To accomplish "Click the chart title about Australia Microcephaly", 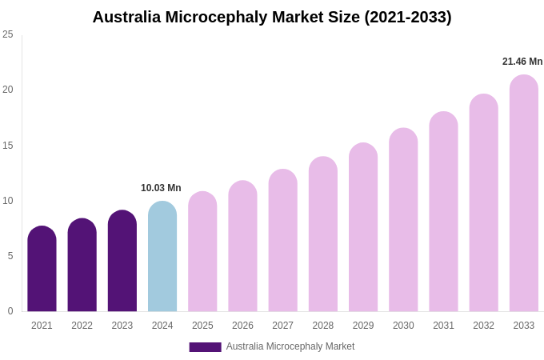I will click(x=272, y=17).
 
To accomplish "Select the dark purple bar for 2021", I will click(x=42, y=270).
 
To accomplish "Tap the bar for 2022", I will click(x=82, y=266).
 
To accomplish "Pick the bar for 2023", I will click(x=122, y=262).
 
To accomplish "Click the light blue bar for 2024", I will click(x=162, y=257).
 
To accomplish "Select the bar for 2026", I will click(x=242, y=246).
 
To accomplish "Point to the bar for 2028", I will click(x=323, y=234).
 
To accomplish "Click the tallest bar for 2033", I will click(x=524, y=194).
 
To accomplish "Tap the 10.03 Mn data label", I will click(x=161, y=188).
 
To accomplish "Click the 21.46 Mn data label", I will click(x=522, y=62).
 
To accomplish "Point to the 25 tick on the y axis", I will click(x=8, y=34).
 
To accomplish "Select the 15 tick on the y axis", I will click(x=8, y=146).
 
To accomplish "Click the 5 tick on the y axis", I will click(x=10, y=256).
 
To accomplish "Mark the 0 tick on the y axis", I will click(x=10, y=311).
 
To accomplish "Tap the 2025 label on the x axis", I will click(x=202, y=326).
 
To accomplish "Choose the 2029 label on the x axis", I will click(x=363, y=326).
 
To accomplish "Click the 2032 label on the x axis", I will click(x=483, y=326).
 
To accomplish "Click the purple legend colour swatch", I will click(x=205, y=347).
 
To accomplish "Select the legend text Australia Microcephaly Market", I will click(x=290, y=346).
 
